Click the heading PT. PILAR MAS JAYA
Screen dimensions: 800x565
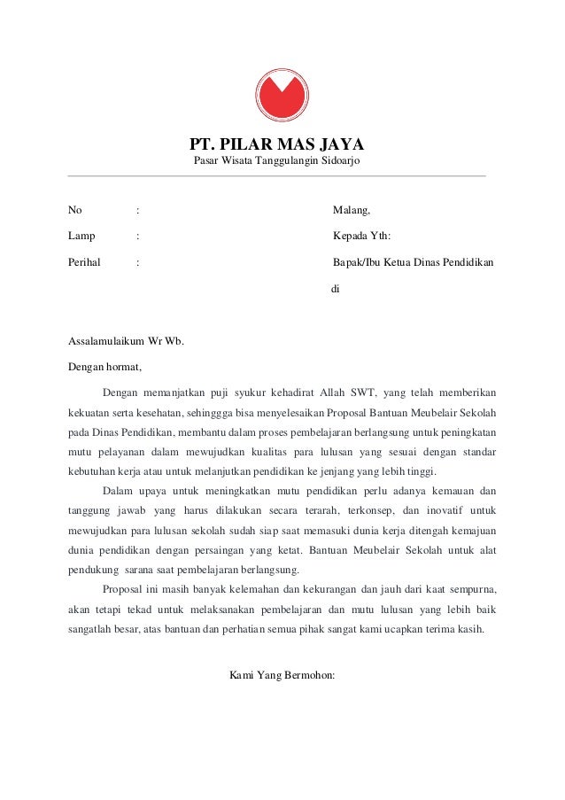point(278,144)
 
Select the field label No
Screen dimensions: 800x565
point(75,211)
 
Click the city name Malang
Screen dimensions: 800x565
point(351,211)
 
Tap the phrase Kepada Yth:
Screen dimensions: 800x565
point(360,237)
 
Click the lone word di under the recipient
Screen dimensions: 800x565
point(335,289)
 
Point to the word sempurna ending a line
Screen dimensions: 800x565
point(470,589)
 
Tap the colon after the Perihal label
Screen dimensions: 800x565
point(137,263)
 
